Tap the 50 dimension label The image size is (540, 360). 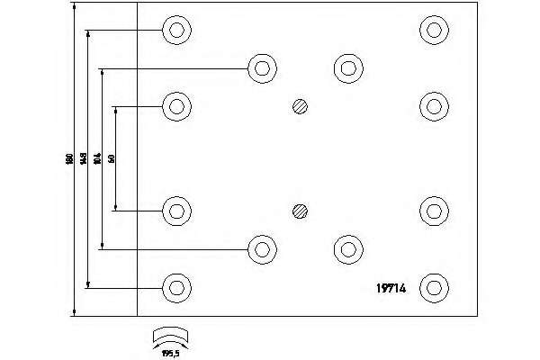112,158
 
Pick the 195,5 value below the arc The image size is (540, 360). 171,353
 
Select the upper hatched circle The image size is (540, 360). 301,106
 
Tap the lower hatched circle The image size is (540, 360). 301,212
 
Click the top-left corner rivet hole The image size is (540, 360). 177,31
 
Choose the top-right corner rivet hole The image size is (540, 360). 435,31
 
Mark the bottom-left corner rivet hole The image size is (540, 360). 177,288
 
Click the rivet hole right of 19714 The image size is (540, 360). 435,288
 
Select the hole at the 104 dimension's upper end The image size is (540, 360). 262,67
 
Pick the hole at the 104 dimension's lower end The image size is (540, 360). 262,249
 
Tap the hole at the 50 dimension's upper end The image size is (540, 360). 177,106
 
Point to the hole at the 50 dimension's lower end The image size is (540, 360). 177,211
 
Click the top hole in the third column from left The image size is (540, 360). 346,67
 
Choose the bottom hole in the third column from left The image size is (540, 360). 346,249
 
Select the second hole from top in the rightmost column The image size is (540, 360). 435,106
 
